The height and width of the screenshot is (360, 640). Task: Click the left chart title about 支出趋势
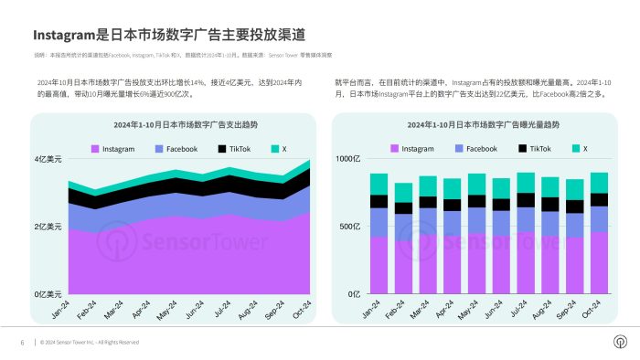tap(173, 124)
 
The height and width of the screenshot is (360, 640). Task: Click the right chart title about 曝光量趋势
tap(482, 124)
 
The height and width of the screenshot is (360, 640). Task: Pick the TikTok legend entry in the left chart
tap(234, 148)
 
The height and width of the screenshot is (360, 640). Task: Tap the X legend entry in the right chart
tap(580, 148)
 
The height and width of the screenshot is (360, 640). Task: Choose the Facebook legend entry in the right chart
tap(475, 148)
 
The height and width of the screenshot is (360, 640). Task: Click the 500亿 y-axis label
tap(351, 227)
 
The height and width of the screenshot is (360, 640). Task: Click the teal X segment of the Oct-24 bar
tap(598, 183)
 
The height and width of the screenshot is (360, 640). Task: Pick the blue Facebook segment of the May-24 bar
tap(476, 220)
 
